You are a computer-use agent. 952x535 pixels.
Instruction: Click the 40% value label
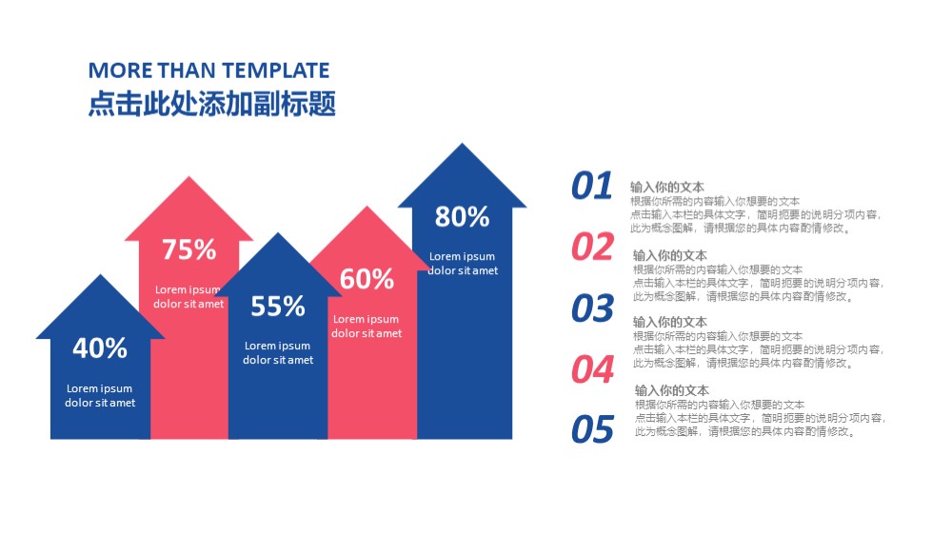100,348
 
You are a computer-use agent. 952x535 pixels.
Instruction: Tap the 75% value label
188,249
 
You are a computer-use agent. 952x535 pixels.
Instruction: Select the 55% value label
277,307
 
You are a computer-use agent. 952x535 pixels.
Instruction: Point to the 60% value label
367,279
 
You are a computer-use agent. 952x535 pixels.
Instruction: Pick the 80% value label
462,217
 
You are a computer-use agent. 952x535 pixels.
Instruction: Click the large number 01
592,186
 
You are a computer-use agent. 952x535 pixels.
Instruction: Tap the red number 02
592,247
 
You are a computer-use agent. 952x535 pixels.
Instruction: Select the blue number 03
592,307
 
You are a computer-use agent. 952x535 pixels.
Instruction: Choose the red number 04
592,369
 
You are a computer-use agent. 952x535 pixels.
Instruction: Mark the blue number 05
592,429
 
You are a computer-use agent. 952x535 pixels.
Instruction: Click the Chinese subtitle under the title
212,103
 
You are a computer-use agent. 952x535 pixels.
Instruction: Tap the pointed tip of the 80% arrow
462,144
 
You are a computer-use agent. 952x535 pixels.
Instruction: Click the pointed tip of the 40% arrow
100,274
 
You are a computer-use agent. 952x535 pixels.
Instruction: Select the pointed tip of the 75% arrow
188,177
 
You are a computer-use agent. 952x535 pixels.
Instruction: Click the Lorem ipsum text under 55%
278,353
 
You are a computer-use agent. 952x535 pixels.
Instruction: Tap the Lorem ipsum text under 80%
463,264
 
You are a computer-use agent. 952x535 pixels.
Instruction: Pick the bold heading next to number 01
666,187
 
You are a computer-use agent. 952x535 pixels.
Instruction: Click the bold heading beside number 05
671,390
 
